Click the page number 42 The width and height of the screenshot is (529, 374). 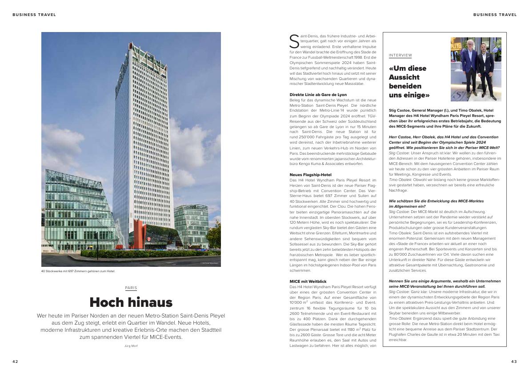[15, 362]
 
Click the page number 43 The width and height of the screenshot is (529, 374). [514, 362]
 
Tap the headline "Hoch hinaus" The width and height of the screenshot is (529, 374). [131, 302]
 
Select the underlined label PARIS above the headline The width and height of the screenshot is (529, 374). [131, 288]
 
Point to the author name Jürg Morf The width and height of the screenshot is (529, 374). [131, 346]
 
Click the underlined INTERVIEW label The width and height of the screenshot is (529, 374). [400, 56]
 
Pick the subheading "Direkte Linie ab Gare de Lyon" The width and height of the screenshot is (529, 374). [318, 95]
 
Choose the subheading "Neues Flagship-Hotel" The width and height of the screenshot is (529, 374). [310, 175]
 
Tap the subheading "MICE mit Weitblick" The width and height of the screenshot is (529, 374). [308, 282]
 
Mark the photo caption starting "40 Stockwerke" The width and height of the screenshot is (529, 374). [78, 271]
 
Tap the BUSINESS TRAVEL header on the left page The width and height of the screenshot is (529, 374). [34, 15]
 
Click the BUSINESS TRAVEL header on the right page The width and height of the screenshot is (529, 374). [495, 15]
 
